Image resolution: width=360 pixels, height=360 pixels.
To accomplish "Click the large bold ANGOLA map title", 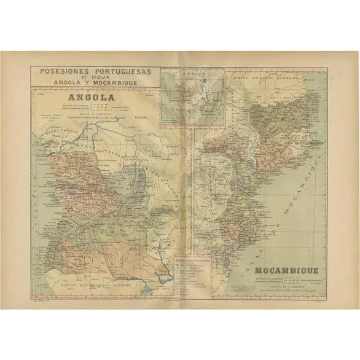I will coord(77,97).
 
